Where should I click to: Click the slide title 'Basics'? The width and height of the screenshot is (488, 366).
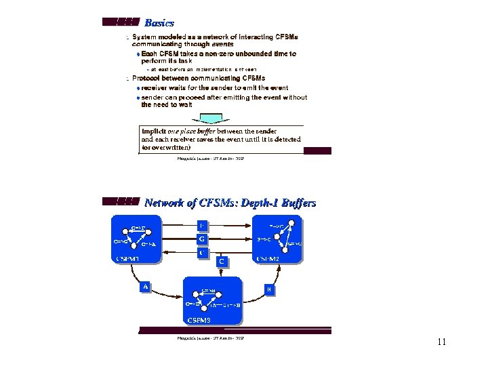[x=159, y=23]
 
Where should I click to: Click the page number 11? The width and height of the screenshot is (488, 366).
[x=441, y=342]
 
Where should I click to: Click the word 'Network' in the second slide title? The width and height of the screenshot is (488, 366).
[x=165, y=203]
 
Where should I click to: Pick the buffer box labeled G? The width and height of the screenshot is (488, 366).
[x=201, y=239]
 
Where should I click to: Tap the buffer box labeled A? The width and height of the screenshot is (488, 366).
[x=145, y=287]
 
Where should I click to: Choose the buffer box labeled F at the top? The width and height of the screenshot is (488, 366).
[x=201, y=225]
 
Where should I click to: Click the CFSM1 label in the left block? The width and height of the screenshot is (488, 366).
[x=128, y=258]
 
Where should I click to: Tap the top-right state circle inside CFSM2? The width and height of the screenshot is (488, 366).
[x=293, y=222]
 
